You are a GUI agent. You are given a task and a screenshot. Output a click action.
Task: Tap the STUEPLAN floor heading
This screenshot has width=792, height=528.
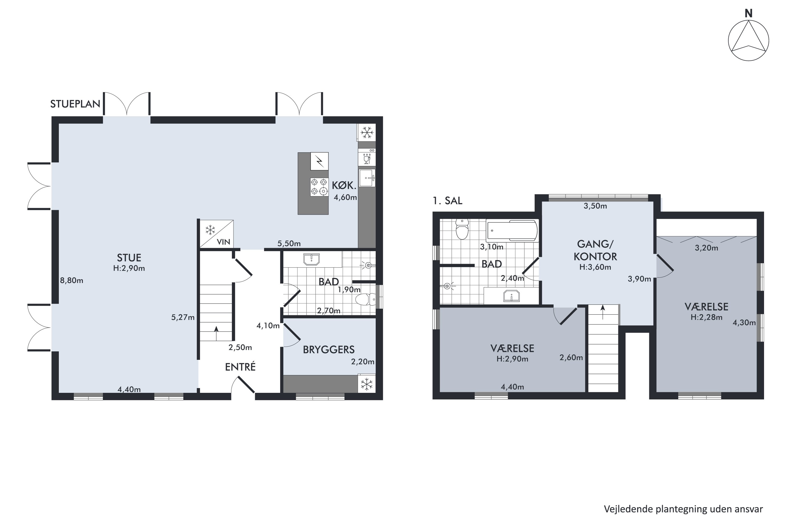(75, 104)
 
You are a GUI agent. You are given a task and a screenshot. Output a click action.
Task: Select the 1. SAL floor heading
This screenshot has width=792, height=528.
(447, 201)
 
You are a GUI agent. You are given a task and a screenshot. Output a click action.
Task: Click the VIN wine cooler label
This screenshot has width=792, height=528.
(223, 242)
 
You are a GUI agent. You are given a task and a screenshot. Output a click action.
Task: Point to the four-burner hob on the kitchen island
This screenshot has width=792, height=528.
(319, 187)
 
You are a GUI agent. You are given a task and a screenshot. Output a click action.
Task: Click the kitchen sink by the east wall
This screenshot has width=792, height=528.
(366, 177)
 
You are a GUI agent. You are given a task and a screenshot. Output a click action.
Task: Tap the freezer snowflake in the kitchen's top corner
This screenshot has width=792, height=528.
(367, 133)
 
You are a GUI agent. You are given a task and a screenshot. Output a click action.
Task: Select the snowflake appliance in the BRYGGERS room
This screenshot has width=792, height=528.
(367, 384)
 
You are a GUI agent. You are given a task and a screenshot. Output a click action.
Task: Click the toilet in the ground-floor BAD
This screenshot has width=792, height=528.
(365, 299)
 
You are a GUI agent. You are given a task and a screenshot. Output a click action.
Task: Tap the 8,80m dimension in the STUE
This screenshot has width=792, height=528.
(71, 280)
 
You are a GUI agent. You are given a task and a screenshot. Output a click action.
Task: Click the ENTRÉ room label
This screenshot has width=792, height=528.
(240, 367)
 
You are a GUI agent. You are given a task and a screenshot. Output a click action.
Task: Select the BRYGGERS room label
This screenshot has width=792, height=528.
(328, 350)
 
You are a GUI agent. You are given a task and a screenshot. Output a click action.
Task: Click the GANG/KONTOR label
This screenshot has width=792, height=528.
(595, 250)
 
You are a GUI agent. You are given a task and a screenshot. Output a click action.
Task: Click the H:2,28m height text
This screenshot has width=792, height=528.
(706, 317)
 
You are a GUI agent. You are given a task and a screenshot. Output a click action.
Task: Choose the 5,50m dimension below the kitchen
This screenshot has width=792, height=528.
(289, 243)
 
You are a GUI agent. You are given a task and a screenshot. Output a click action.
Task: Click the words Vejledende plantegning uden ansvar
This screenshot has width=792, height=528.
(683, 509)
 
